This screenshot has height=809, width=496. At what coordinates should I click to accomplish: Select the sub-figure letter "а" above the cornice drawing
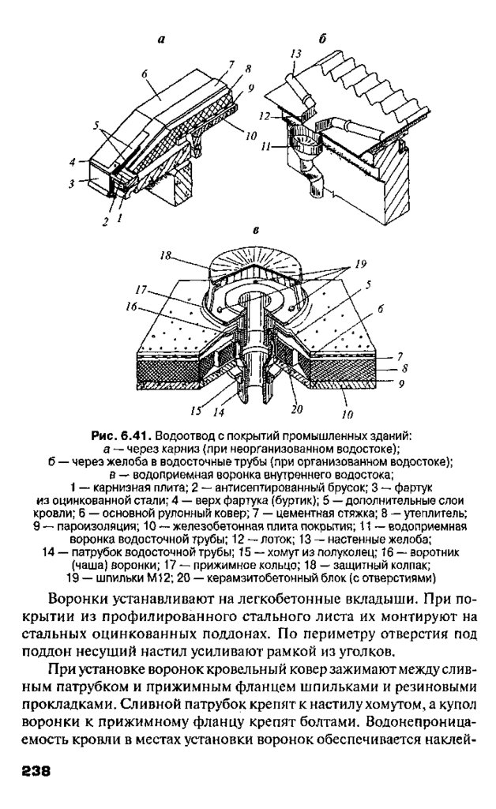(161, 38)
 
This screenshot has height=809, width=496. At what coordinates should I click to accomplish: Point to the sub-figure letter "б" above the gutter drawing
(323, 38)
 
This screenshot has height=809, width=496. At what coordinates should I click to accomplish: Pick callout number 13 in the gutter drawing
(296, 53)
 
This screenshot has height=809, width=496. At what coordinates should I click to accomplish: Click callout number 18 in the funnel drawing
(165, 255)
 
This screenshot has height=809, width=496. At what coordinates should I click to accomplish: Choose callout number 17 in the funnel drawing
(141, 288)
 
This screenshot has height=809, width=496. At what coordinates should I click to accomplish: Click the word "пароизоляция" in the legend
(78, 525)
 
